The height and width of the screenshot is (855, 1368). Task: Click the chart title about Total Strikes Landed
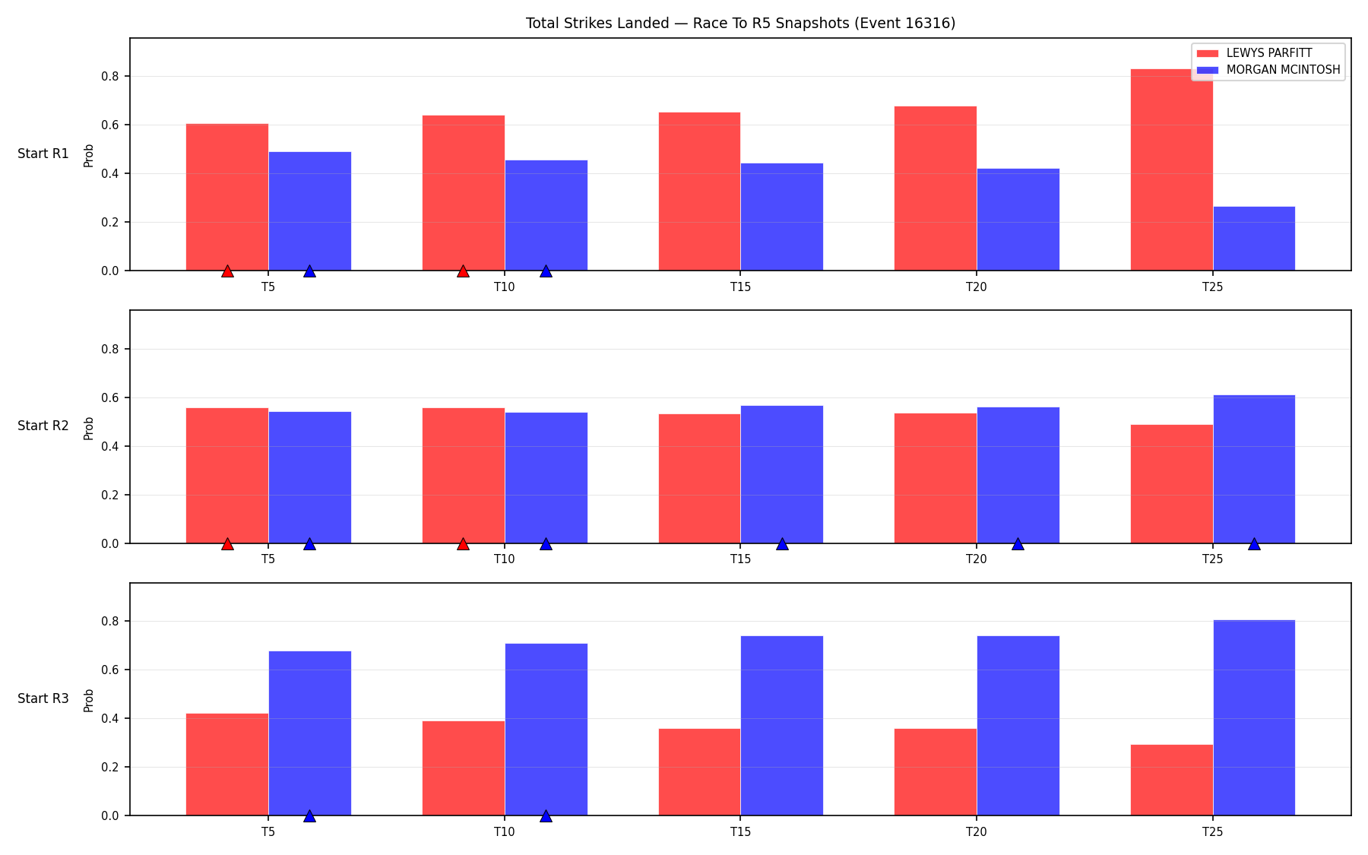pyautogui.click(x=740, y=24)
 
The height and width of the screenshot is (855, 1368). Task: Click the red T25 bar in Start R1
pyautogui.click(x=1171, y=169)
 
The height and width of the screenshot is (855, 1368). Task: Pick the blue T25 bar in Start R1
pyautogui.click(x=1254, y=239)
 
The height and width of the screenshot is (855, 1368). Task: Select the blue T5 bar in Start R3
pyautogui.click(x=310, y=733)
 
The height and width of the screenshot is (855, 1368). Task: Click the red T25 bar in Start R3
pyautogui.click(x=1171, y=780)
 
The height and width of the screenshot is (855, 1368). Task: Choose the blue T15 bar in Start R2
pyautogui.click(x=782, y=474)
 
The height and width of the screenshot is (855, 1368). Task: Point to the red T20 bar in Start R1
pyautogui.click(x=936, y=188)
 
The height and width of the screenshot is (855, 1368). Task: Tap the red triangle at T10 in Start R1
pyautogui.click(x=463, y=271)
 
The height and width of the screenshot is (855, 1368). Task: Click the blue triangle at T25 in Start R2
pyautogui.click(x=1254, y=544)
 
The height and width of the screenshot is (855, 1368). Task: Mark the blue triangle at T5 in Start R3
pyautogui.click(x=309, y=816)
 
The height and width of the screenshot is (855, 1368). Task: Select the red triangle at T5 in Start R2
pyautogui.click(x=227, y=544)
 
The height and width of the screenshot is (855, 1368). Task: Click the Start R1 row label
pyautogui.click(x=43, y=154)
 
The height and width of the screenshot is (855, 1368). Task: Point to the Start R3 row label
pyautogui.click(x=43, y=698)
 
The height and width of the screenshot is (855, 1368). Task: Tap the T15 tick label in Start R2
pyautogui.click(x=741, y=559)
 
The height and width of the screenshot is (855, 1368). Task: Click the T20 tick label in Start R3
pyautogui.click(x=977, y=831)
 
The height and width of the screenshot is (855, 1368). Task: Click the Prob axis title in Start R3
pyautogui.click(x=89, y=700)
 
